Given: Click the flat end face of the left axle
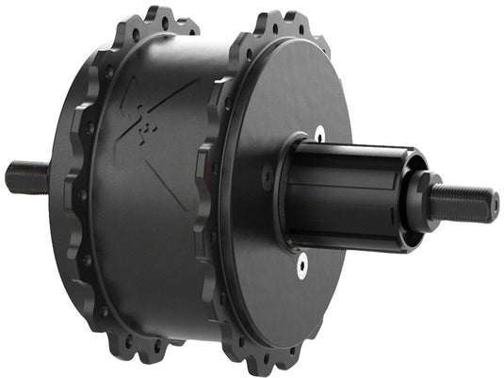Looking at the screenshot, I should click(x=8, y=176).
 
